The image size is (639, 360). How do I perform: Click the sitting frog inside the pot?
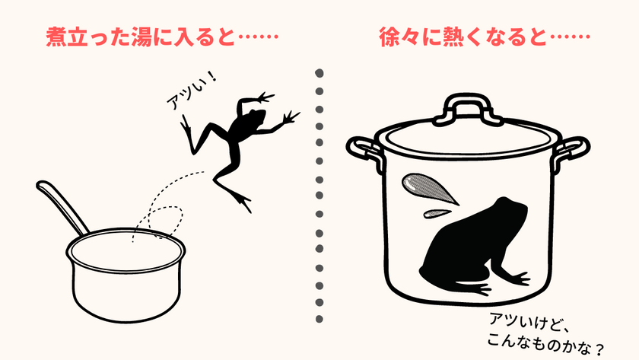(475, 249)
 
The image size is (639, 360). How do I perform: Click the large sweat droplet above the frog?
(428, 188)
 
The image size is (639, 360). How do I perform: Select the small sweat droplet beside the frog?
(437, 213)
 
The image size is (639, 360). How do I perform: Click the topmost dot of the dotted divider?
(319, 73)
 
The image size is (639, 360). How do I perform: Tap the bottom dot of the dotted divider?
(319, 319)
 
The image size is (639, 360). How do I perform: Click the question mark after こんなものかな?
(599, 349)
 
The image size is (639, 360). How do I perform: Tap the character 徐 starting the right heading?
(389, 37)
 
